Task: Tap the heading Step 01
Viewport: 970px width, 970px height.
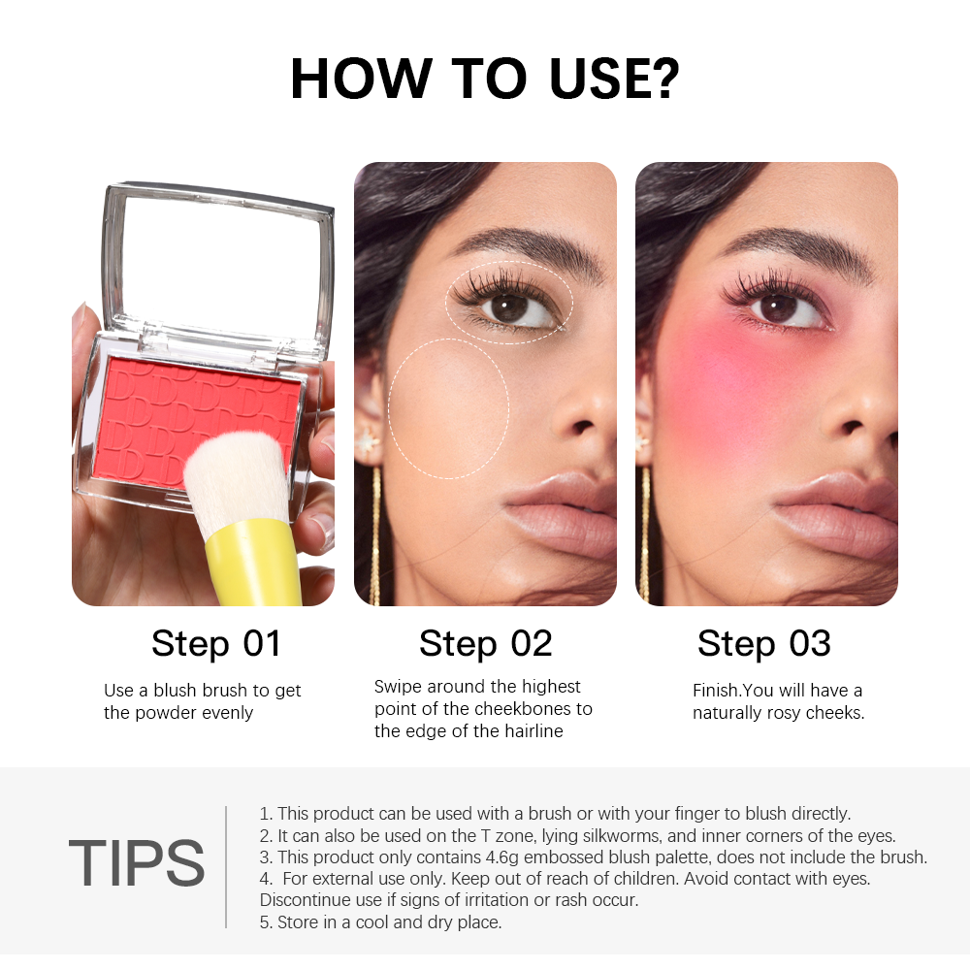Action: [216, 644]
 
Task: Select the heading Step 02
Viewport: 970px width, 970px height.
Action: [486, 644]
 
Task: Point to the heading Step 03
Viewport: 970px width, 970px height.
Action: [764, 644]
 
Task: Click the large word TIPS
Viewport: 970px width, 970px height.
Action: [136, 863]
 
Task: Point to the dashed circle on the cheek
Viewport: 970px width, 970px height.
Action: [389, 408]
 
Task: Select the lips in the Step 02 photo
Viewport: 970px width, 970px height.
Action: [560, 513]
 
